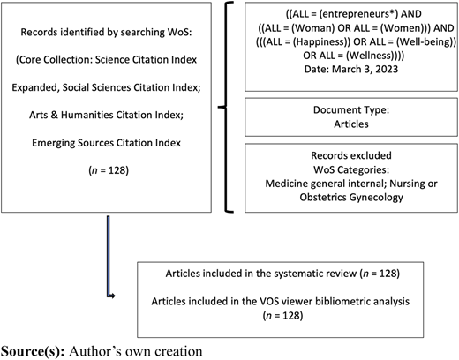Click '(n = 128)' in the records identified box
tap(109, 170)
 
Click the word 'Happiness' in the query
tap(320, 42)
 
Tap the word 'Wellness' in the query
tap(369, 56)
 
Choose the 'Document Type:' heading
tap(351, 110)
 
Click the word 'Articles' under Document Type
tap(351, 124)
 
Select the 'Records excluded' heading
tap(351, 155)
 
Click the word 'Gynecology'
tap(378, 198)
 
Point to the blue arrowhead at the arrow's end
tap(112, 296)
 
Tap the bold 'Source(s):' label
tap(33, 352)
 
